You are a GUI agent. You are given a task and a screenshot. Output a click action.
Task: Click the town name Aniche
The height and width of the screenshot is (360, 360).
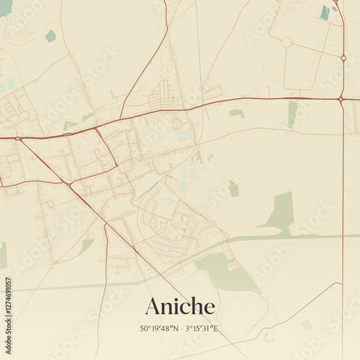(x=180, y=306)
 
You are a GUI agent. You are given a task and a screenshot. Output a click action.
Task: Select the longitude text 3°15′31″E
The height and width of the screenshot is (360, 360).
(x=202, y=329)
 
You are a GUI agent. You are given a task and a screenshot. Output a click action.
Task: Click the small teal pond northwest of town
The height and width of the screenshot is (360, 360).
(x=50, y=35)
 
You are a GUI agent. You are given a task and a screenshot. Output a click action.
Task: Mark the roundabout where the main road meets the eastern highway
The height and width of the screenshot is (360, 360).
(x=340, y=99)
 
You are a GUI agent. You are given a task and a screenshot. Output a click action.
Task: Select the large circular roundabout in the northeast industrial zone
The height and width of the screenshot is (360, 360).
(x=287, y=42)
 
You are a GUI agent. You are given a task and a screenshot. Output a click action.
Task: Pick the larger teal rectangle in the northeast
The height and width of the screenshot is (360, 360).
(x=325, y=12)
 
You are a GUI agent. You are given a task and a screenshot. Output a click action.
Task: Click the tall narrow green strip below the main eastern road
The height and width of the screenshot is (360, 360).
(x=292, y=113)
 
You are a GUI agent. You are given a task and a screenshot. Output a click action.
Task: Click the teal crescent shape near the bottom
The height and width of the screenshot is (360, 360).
(x=269, y=337)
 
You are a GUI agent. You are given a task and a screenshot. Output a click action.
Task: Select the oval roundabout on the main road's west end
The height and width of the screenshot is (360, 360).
(x=18, y=137)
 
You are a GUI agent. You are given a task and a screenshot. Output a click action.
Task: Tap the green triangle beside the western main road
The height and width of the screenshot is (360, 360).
(x=69, y=125)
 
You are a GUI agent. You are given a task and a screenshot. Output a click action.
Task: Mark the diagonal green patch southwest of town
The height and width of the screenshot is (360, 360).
(x=86, y=246)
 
